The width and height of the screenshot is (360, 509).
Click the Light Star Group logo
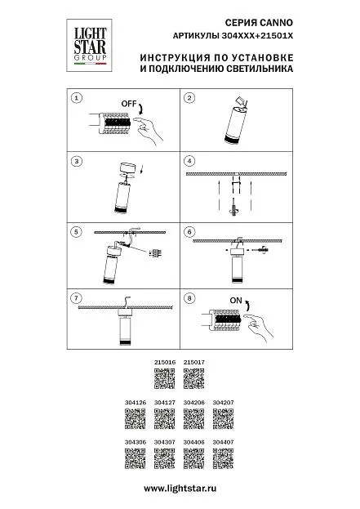tap(89, 46)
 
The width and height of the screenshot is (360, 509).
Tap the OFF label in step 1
tap(128, 104)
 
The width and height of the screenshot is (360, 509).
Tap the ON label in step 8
tap(236, 301)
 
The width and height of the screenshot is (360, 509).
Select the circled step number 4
tap(189, 161)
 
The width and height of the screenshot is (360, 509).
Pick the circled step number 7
tap(76, 298)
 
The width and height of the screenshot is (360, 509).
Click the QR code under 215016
tap(164, 378)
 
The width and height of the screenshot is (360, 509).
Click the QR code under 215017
tap(194, 378)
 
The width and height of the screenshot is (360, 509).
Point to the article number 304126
tap(136, 402)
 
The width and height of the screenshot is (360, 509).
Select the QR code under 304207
tap(223, 418)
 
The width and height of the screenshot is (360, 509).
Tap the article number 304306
tap(136, 442)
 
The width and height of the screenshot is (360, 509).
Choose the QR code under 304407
tap(223, 458)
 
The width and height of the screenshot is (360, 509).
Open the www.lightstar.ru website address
tap(180, 489)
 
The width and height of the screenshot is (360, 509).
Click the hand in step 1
tap(148, 131)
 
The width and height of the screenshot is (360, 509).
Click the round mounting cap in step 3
tap(128, 169)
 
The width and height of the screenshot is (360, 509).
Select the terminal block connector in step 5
tap(155, 253)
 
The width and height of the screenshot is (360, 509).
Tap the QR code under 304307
tap(164, 458)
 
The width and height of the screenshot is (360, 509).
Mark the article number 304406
tap(194, 442)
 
